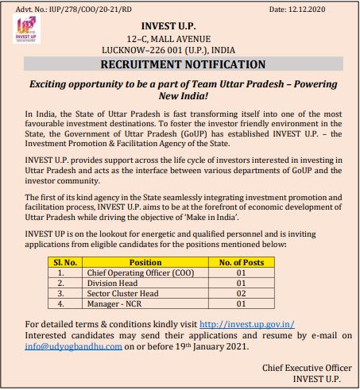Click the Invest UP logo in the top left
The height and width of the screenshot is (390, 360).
tap(21, 34)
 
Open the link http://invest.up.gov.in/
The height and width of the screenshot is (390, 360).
tap(248, 324)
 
